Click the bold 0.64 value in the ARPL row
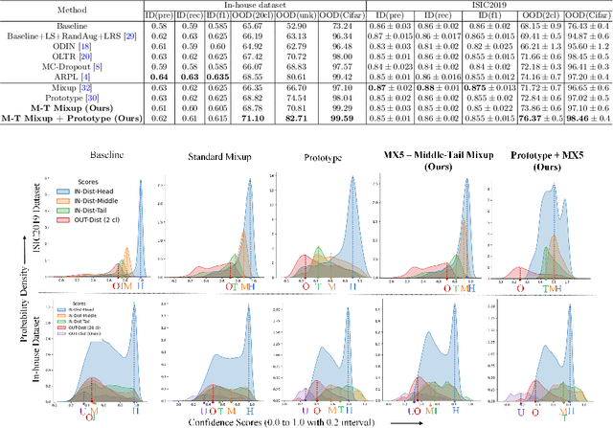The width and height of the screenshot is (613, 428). pyautogui.click(x=153, y=77)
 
